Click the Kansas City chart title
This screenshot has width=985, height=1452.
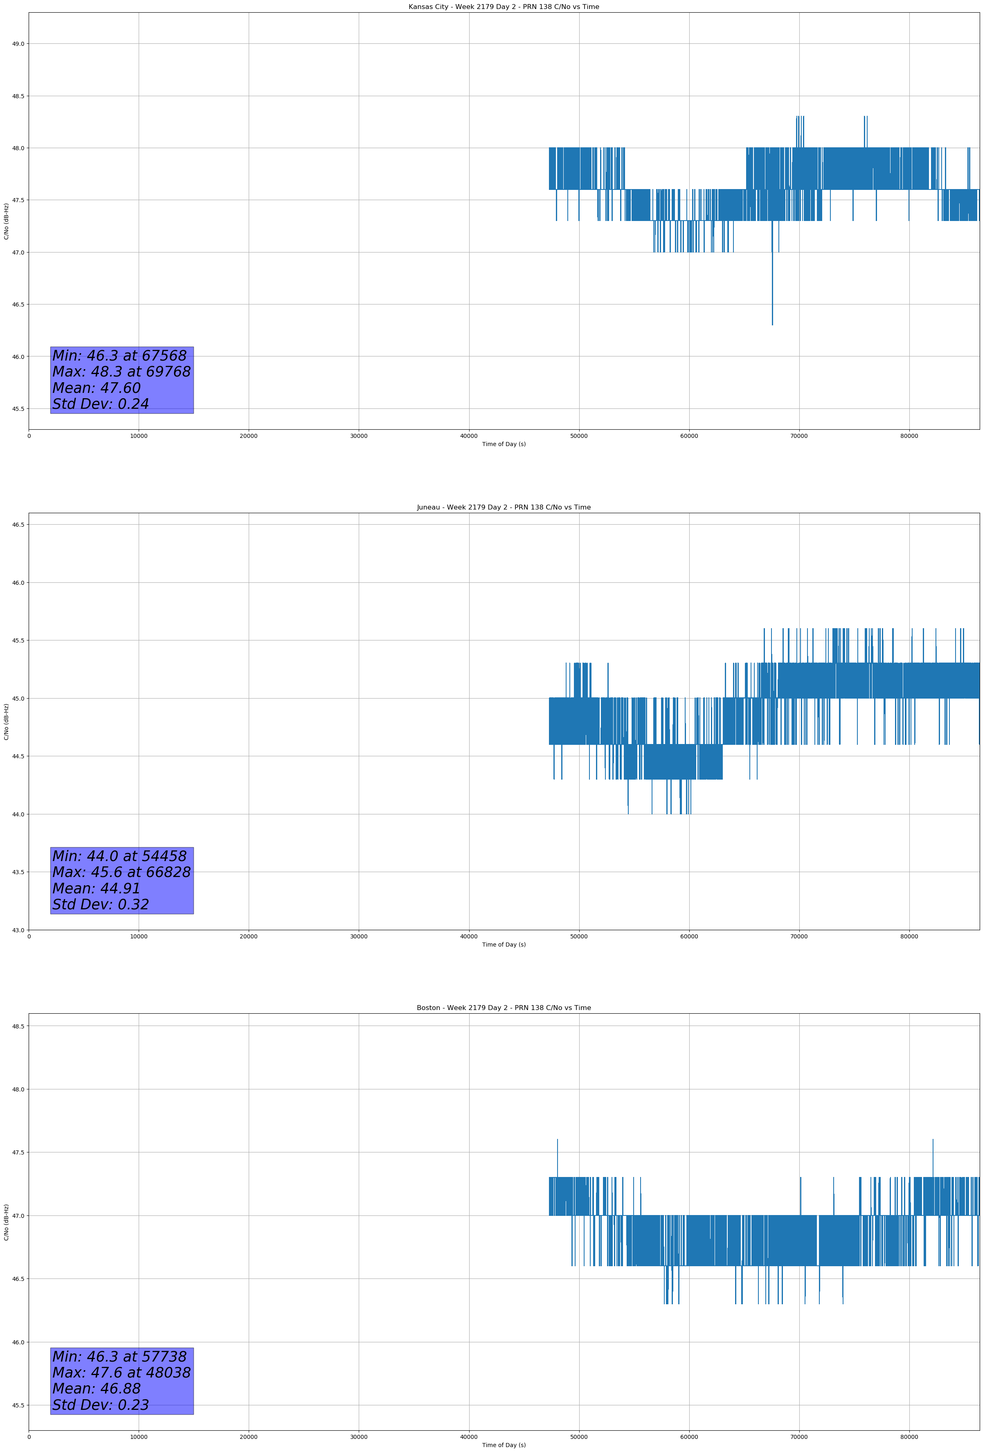click(x=504, y=7)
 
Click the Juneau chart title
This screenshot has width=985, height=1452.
click(x=504, y=507)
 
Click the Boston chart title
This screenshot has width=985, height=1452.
click(x=504, y=1008)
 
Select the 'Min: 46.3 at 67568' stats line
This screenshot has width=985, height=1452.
click(x=119, y=356)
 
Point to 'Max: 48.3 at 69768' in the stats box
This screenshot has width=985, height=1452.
click(x=121, y=372)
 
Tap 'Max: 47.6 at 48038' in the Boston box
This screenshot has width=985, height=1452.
click(x=121, y=1373)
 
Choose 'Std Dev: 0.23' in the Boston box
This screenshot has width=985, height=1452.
click(x=101, y=1405)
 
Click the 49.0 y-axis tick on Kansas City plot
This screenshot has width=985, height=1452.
click(x=18, y=44)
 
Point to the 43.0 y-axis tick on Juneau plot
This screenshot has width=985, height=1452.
click(x=18, y=930)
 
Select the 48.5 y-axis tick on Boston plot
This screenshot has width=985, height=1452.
click(x=18, y=1026)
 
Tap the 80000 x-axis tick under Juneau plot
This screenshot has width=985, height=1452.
click(x=909, y=936)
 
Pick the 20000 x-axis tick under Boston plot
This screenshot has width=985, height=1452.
click(x=249, y=1437)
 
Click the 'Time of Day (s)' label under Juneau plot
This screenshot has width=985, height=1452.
click(x=504, y=945)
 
